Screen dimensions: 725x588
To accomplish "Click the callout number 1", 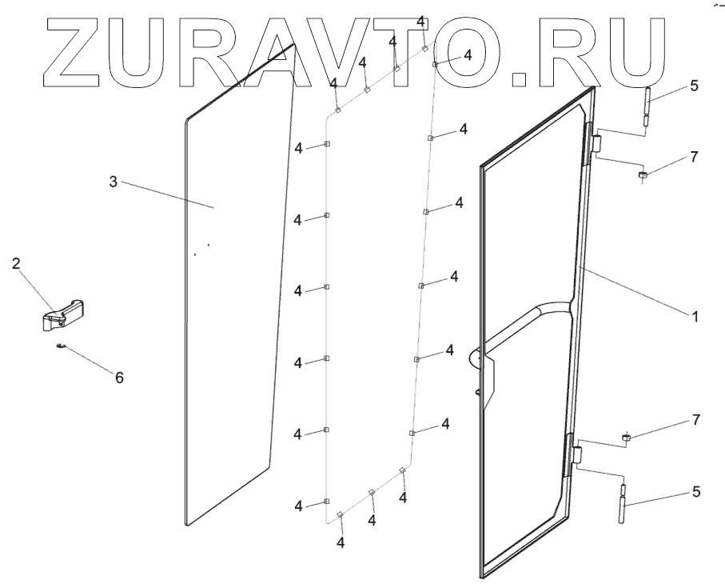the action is tap(695, 316).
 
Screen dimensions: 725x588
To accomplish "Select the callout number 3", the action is tap(114, 182).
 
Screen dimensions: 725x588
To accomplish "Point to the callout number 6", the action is tap(119, 377).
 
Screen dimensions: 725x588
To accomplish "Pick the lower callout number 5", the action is tap(695, 492).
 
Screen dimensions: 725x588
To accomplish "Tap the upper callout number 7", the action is tap(694, 157).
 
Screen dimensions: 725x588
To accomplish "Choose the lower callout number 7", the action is tap(695, 419).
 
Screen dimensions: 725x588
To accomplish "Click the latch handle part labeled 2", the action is tap(63, 314).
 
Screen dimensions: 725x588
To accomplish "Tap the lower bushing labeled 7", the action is tap(628, 437).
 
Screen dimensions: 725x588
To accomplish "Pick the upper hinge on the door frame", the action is tap(593, 144).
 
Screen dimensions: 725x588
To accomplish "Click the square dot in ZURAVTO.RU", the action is tap(520, 78).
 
